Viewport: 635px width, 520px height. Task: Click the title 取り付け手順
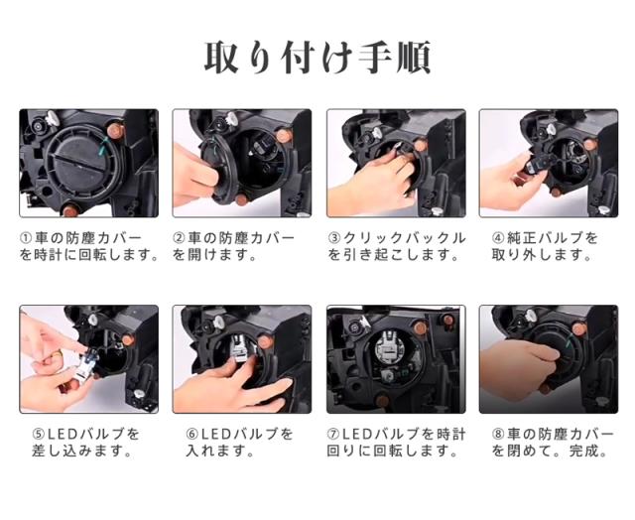click(317, 58)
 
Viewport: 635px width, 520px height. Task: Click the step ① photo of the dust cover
click(88, 163)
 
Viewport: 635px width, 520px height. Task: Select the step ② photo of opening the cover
click(242, 163)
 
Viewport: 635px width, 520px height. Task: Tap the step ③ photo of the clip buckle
click(396, 163)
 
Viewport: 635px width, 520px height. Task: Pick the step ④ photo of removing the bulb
click(549, 163)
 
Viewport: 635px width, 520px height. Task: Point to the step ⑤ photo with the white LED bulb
click(88, 359)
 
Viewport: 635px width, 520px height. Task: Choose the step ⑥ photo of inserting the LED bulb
click(242, 359)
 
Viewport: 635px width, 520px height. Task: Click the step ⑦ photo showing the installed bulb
click(396, 359)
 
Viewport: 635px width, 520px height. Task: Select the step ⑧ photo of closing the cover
click(549, 359)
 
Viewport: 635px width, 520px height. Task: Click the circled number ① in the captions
click(26, 238)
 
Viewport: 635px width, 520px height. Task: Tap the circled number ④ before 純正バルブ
click(498, 238)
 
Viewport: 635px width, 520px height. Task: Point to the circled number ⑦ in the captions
click(333, 435)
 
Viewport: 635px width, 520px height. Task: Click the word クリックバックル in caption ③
click(404, 238)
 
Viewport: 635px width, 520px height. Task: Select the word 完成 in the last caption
click(583, 451)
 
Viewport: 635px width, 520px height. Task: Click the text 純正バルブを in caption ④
click(553, 238)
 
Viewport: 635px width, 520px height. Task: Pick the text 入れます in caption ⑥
click(215, 451)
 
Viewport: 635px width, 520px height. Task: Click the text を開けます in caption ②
click(210, 255)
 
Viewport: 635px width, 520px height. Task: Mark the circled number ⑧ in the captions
click(498, 435)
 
